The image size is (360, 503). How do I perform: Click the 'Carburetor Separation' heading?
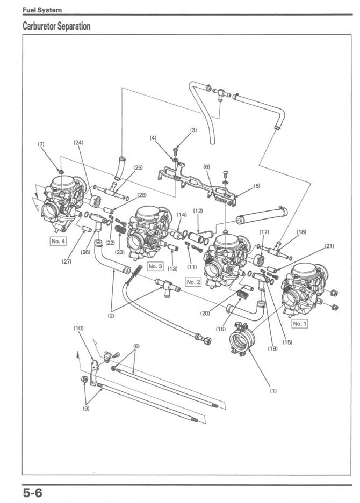[x=56, y=26]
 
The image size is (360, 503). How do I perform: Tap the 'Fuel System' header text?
[x=42, y=10]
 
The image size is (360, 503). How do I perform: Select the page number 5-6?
[x=32, y=492]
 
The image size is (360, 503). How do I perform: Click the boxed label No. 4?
[x=58, y=241]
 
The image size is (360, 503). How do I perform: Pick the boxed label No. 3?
[x=155, y=266]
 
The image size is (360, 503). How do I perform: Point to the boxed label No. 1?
[x=299, y=324]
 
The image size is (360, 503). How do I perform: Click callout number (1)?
[x=273, y=391]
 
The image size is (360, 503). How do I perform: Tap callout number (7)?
[x=41, y=144]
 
